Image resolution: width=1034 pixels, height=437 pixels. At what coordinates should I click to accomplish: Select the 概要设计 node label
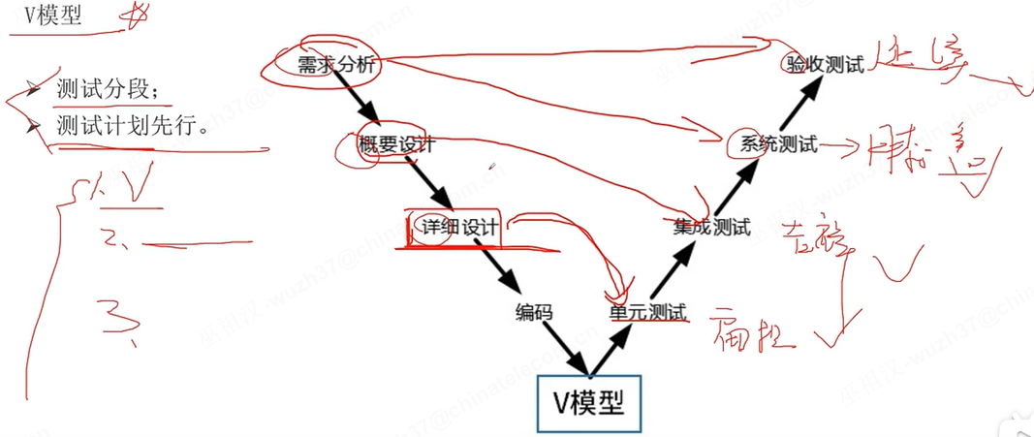point(397,145)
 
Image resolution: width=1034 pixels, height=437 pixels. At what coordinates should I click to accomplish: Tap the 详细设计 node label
point(459,228)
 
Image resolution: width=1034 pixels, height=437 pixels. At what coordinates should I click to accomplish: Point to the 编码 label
point(534,312)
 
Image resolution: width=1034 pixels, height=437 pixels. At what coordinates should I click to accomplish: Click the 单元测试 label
point(647,312)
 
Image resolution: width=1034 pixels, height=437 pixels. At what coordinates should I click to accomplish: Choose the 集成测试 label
point(711,228)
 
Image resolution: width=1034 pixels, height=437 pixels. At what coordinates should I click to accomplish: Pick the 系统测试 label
point(778,145)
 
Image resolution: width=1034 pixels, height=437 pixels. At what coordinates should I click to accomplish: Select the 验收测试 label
point(824,65)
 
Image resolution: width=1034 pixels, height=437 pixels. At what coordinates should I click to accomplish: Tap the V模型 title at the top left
point(53,17)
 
